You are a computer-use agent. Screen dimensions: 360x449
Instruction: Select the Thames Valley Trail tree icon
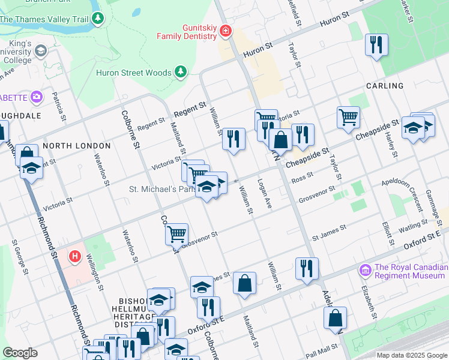click(x=98, y=19)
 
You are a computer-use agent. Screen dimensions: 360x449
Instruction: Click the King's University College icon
click(x=41, y=52)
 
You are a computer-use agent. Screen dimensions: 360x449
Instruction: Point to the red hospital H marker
click(x=75, y=257)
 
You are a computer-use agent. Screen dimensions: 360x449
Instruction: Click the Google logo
click(x=20, y=353)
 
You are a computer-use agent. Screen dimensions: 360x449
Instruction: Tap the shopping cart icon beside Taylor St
click(x=348, y=116)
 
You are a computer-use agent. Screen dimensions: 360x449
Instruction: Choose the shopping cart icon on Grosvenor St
click(x=176, y=233)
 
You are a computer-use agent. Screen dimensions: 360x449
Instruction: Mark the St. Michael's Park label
click(x=160, y=189)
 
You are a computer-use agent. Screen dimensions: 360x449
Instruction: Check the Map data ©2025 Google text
click(x=412, y=355)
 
